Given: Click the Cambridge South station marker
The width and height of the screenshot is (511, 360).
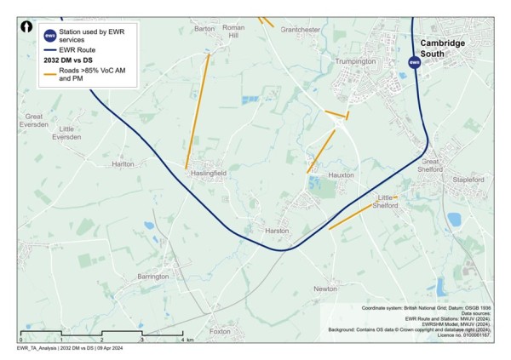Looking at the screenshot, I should pyautogui.click(x=414, y=62).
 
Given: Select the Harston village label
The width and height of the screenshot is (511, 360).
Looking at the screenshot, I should pyautogui.click(x=278, y=231).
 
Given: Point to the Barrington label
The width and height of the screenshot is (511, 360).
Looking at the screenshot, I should pyautogui.click(x=153, y=277).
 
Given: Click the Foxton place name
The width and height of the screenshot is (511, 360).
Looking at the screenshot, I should pyautogui.click(x=221, y=331).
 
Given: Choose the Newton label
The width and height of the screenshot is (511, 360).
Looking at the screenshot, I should pyautogui.click(x=325, y=289).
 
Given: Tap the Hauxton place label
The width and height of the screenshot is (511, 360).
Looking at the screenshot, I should pyautogui.click(x=342, y=174).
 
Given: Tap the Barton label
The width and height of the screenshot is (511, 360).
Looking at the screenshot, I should pyautogui.click(x=204, y=29).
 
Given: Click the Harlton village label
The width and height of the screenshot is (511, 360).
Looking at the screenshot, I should pyautogui.click(x=123, y=163).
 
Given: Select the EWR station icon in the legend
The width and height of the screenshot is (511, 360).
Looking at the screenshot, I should pyautogui.click(x=49, y=36).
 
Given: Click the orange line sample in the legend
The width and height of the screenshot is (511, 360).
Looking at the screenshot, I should pyautogui.click(x=49, y=74).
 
